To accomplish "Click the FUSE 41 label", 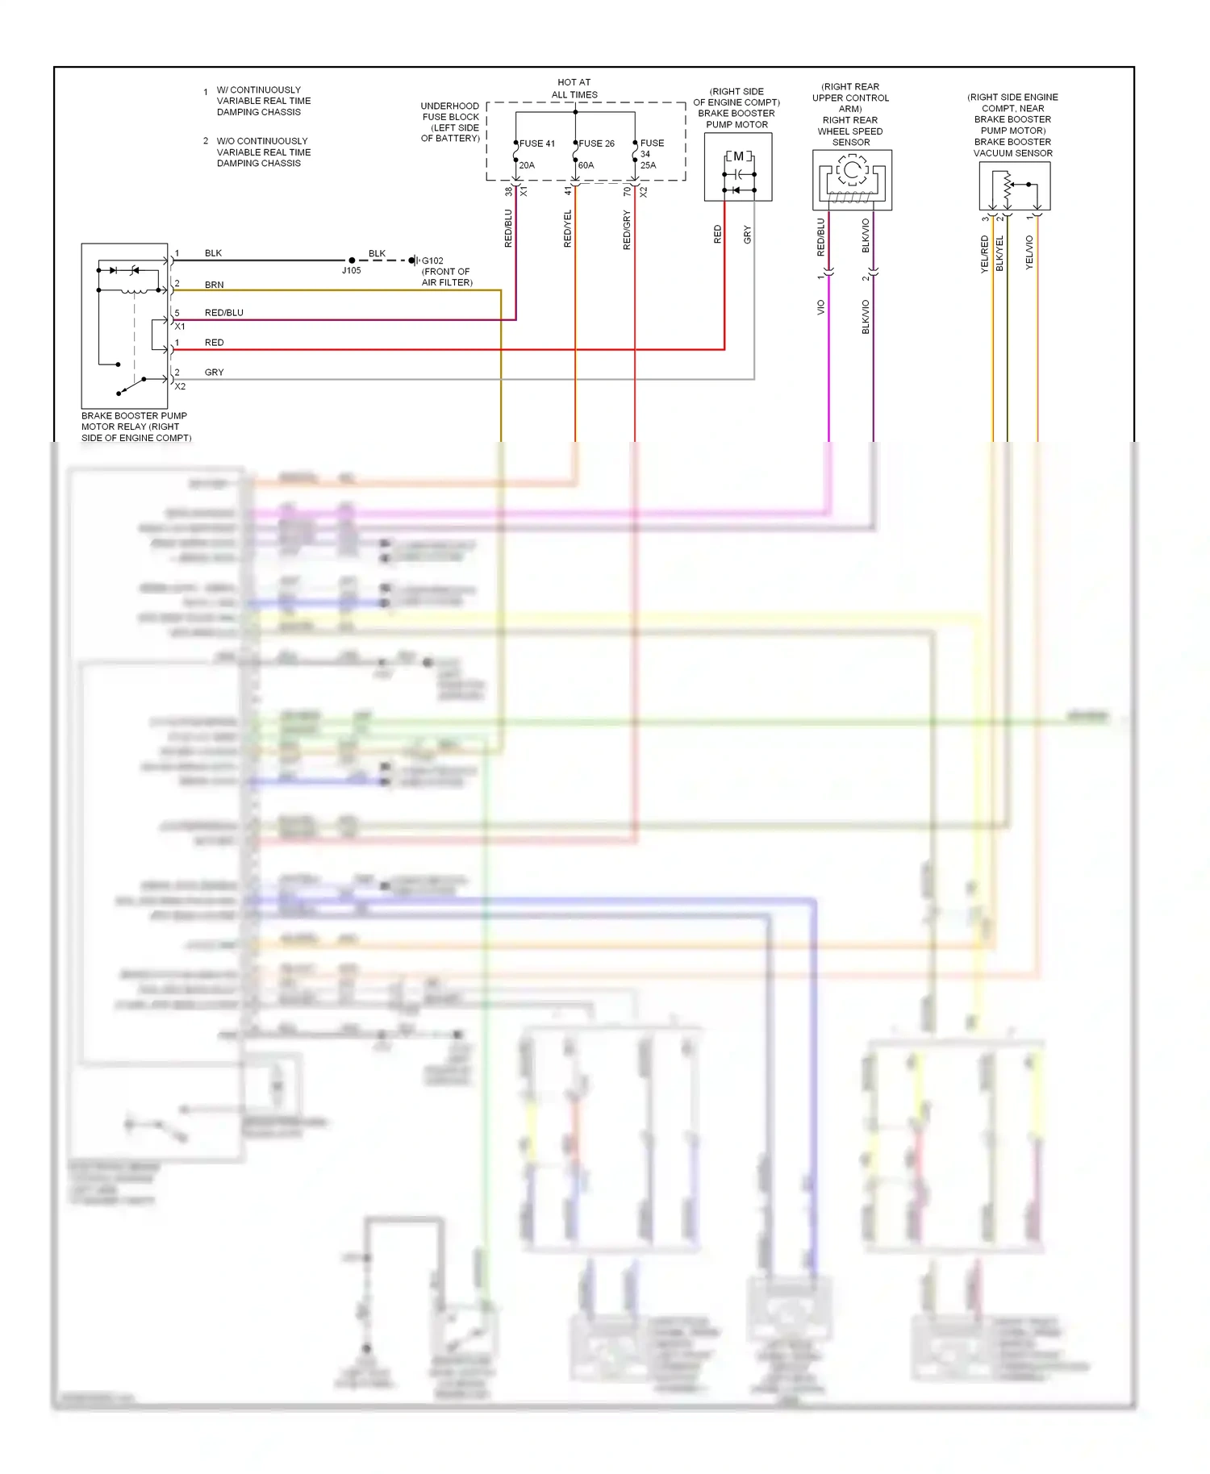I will click(537, 144).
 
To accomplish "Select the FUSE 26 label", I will click(597, 144).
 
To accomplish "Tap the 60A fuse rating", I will click(586, 165).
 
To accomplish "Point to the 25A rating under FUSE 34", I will click(649, 165).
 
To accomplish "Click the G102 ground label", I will click(433, 260).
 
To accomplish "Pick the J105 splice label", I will click(352, 270).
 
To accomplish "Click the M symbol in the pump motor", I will click(738, 156).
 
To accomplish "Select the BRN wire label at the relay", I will click(215, 285).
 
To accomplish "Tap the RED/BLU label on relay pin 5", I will click(224, 313).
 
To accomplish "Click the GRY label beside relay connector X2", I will click(215, 373).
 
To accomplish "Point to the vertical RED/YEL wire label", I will click(568, 228).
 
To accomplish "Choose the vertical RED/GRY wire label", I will click(628, 230).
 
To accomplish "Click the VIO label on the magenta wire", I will click(821, 307).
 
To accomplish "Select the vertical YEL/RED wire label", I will click(984, 254).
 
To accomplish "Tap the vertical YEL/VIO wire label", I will click(1029, 252).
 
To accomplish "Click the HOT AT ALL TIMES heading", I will click(574, 89).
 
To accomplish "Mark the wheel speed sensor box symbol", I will click(852, 180).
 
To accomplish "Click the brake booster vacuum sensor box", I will click(1014, 186).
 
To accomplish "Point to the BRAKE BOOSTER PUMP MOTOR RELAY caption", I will click(136, 427).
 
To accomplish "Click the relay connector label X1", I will click(180, 327).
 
